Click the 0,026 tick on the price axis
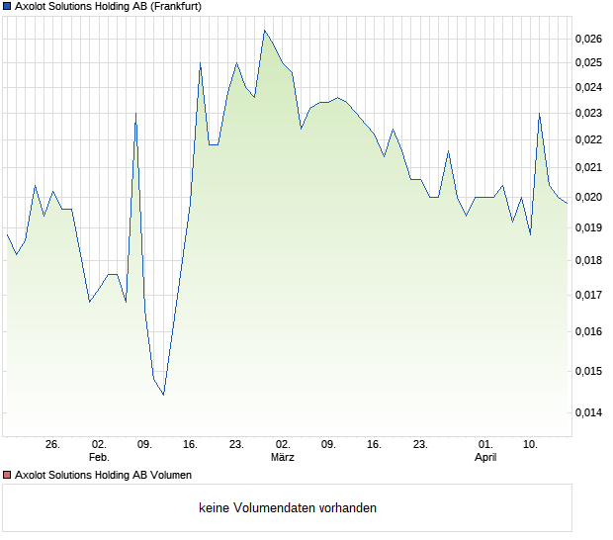pyautogui.click(x=588, y=39)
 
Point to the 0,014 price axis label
pyautogui.click(x=588, y=413)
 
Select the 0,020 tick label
pyautogui.click(x=588, y=197)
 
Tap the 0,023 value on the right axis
pyautogui.click(x=588, y=113)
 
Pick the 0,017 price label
pyautogui.click(x=588, y=295)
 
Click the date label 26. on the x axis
pyautogui.click(x=52, y=445)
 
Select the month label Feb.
pyautogui.click(x=99, y=458)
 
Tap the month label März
pyautogui.click(x=283, y=458)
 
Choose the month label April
pyautogui.click(x=485, y=458)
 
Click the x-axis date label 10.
pyautogui.click(x=531, y=445)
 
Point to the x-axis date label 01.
pyautogui.click(x=485, y=445)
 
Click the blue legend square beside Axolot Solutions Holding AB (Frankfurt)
pyautogui.click(x=8, y=6)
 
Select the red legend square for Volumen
pyautogui.click(x=8, y=475)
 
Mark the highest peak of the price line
pyautogui.click(x=264, y=31)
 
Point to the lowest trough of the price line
pyautogui.click(x=163, y=395)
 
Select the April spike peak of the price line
pyautogui.click(x=539, y=114)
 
